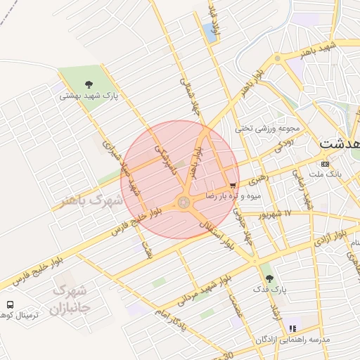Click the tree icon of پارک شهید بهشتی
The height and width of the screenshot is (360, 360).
tap(89, 84)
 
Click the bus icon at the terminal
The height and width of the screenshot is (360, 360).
tap(11, 304)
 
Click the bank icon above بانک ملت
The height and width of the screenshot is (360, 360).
tap(324, 163)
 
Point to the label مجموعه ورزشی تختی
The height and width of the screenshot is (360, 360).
tap(268, 129)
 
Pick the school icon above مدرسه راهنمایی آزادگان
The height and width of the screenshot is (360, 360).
tap(292, 328)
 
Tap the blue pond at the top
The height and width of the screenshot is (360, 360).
tap(210, 30)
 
